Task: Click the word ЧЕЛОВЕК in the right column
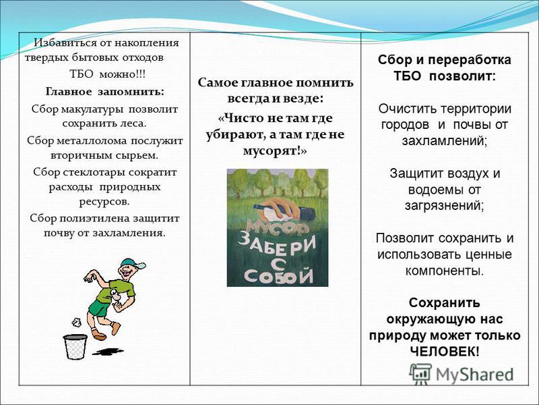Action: (443, 352)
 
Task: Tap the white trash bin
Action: (75, 346)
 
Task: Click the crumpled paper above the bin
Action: (76, 323)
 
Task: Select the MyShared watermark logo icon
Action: (420, 374)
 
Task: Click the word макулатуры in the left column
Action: (92, 109)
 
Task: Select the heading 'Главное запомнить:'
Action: (105, 92)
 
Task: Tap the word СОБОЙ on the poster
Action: (278, 275)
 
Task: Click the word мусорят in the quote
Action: (270, 151)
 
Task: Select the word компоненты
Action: (445, 271)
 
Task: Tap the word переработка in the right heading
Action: (470, 60)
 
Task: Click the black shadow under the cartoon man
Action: (108, 352)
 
